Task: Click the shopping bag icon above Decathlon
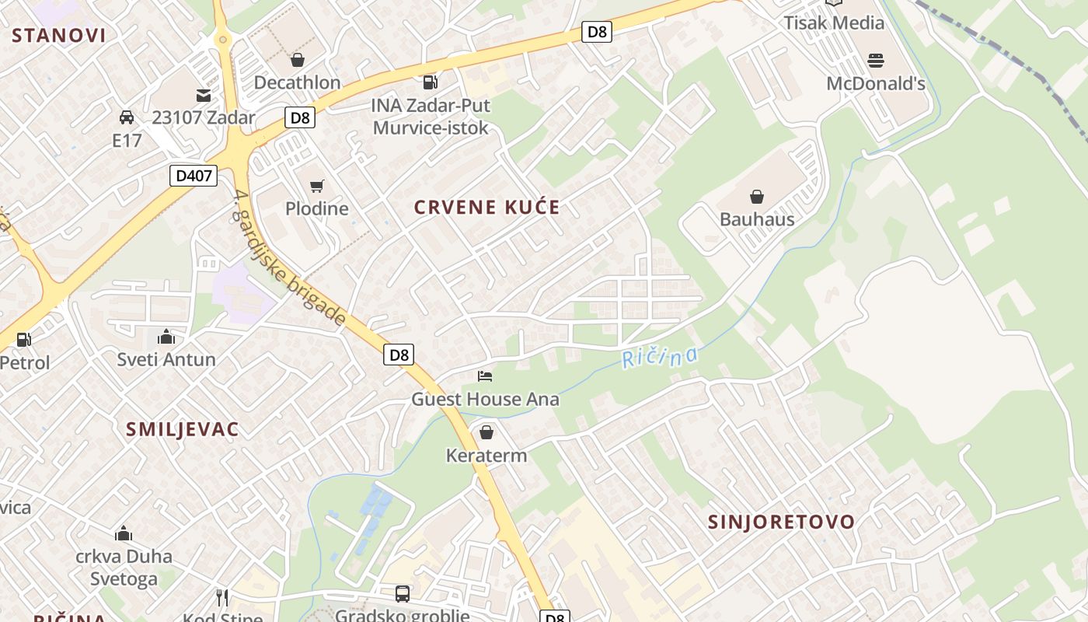pyautogui.click(x=297, y=60)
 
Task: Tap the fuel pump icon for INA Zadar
pyautogui.click(x=430, y=82)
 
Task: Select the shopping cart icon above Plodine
pyautogui.click(x=316, y=186)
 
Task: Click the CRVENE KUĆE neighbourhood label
pyautogui.click(x=486, y=207)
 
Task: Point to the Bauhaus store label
pyautogui.click(x=757, y=219)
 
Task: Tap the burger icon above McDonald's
pyautogui.click(x=876, y=61)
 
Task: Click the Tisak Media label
pyautogui.click(x=834, y=23)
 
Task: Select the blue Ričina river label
pyautogui.click(x=660, y=358)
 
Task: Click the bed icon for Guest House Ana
pyautogui.click(x=485, y=376)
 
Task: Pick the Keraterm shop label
pyautogui.click(x=486, y=456)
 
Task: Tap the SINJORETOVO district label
pyautogui.click(x=781, y=522)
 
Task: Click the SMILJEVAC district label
pyautogui.click(x=183, y=429)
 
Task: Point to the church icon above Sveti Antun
pyautogui.click(x=166, y=337)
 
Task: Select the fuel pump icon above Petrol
pyautogui.click(x=24, y=340)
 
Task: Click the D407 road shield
pyautogui.click(x=194, y=176)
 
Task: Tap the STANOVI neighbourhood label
pyautogui.click(x=59, y=35)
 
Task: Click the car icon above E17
pyautogui.click(x=127, y=117)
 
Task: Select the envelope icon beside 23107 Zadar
pyautogui.click(x=204, y=96)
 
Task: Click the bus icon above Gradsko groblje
pyautogui.click(x=403, y=594)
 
